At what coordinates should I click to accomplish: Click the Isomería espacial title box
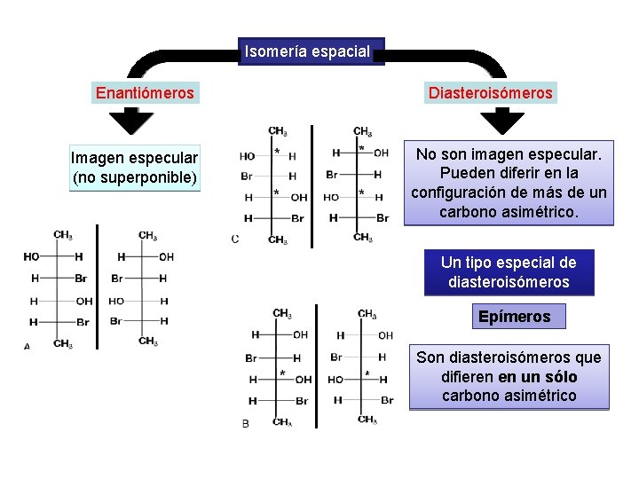click(x=307, y=51)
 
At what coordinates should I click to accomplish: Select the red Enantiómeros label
click(x=145, y=93)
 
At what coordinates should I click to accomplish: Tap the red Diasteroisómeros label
click(x=490, y=93)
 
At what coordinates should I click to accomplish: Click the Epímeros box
click(x=514, y=317)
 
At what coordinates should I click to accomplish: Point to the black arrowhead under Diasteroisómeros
click(x=509, y=119)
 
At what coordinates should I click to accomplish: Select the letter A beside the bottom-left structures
click(x=27, y=347)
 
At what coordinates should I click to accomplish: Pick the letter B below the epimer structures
click(x=245, y=424)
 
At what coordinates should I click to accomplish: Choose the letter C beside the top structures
click(x=234, y=239)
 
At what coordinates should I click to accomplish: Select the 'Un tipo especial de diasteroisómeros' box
click(x=508, y=272)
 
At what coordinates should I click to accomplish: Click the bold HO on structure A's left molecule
click(x=32, y=256)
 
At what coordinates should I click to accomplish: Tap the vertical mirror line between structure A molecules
click(x=97, y=288)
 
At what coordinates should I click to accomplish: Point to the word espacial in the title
click(x=340, y=51)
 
